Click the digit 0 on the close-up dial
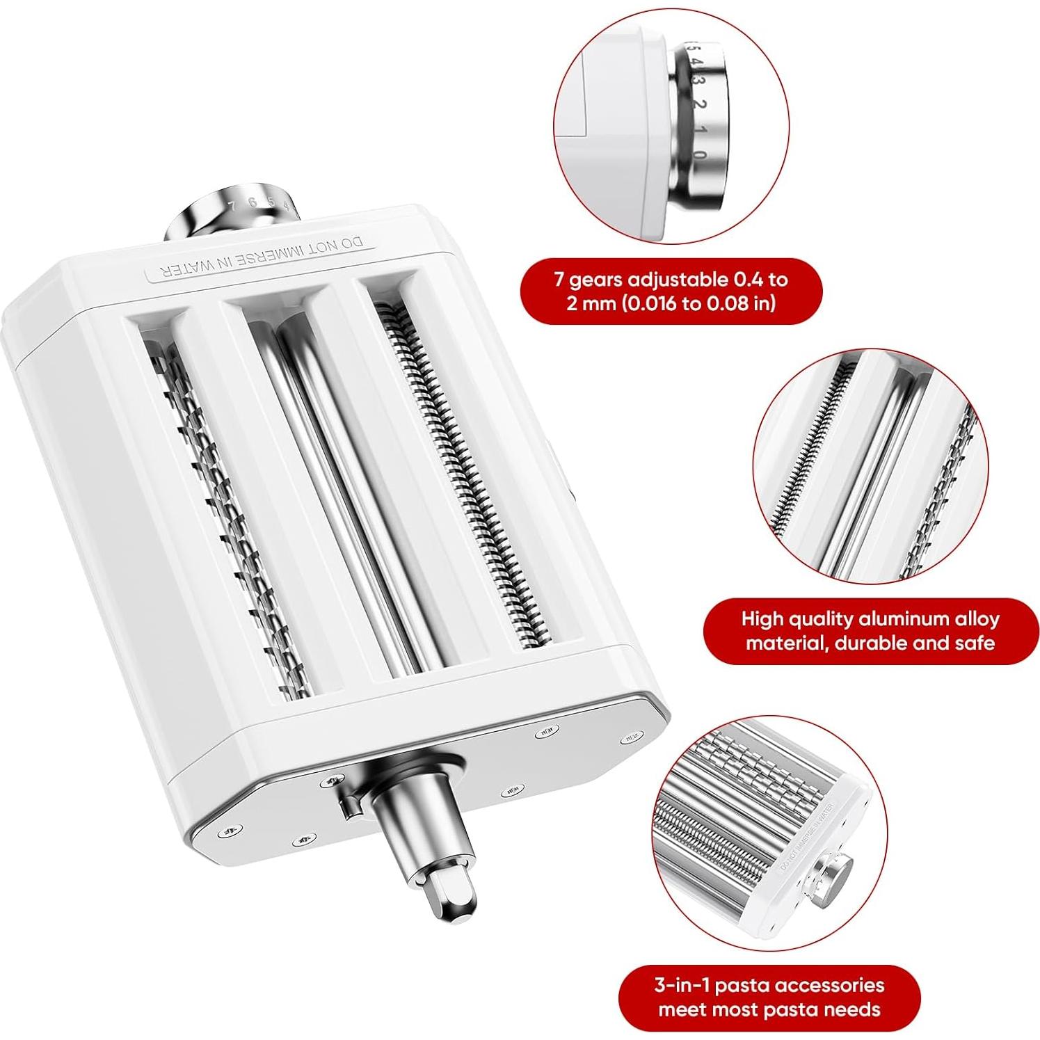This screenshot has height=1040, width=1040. coord(698,154)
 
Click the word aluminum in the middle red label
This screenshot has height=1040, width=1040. coord(911,618)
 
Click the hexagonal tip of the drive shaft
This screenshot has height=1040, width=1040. coord(454,893)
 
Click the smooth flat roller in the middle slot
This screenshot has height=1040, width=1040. coord(348,487)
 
